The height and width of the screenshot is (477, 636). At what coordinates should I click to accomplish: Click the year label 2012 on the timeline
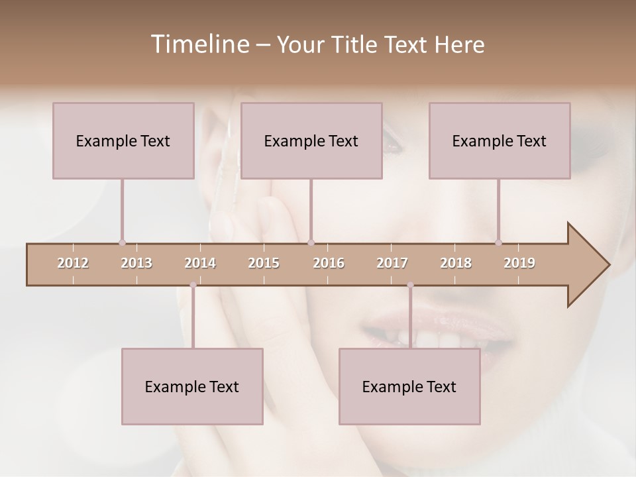pos(73,263)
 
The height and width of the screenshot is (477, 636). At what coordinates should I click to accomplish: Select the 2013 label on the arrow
pos(136,263)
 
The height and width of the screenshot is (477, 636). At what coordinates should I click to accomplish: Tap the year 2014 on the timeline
pos(200,263)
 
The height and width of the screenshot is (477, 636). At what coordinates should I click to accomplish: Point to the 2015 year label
pos(264,263)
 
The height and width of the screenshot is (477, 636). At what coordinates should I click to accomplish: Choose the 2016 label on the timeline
pos(329,263)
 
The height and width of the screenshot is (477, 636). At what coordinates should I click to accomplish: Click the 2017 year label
pos(392,263)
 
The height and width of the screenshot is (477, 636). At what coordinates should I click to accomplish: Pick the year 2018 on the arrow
pos(456,263)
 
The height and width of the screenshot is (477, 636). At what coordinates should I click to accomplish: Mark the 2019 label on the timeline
pos(519,263)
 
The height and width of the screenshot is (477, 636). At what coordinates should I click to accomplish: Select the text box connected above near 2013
pos(123,140)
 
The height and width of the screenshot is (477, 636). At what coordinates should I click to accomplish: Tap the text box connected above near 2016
pos(311,140)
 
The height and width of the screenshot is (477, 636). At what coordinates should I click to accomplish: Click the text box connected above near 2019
pos(500,140)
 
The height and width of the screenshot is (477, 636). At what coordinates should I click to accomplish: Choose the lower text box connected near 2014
pos(192,386)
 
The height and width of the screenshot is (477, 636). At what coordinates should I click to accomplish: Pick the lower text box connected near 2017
pos(409,386)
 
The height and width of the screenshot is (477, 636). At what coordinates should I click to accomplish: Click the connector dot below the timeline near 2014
pos(193,285)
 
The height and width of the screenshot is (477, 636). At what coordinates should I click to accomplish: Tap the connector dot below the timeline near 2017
pos(410,285)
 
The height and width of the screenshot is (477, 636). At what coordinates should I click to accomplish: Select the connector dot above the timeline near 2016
pos(311,242)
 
